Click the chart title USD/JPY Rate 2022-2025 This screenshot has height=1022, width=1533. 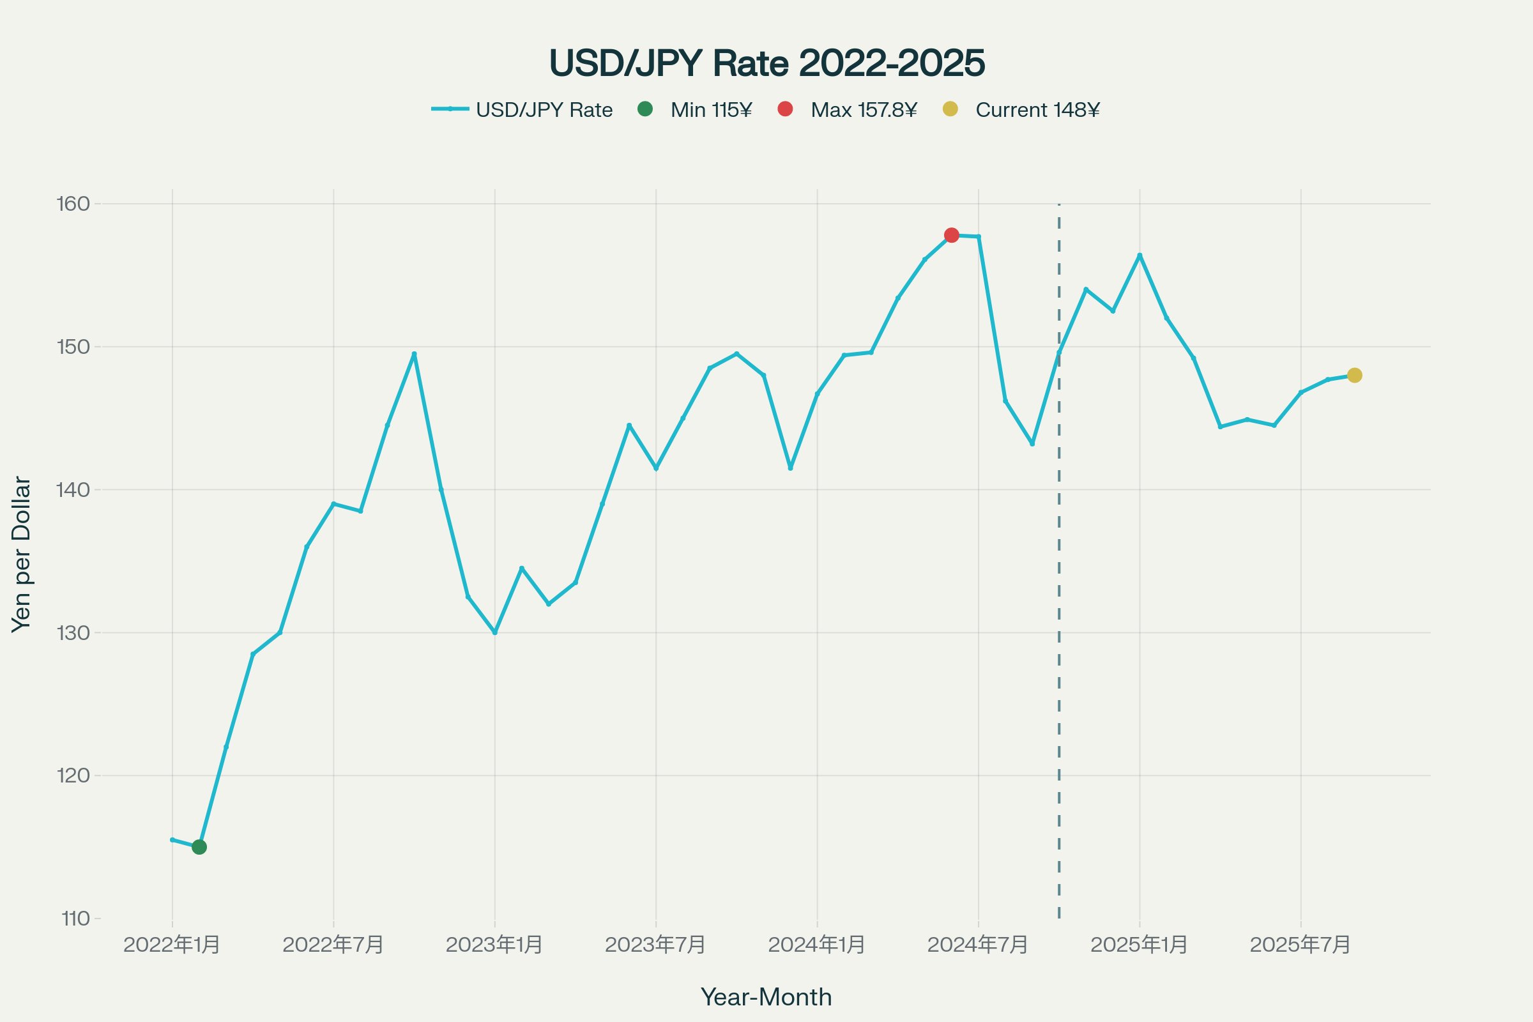coord(766,63)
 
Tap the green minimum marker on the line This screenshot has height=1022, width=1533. coord(199,847)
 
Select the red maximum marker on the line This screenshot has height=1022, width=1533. coord(952,234)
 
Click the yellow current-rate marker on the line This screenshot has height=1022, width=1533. coord(1354,376)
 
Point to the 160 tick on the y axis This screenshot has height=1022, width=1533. coord(73,204)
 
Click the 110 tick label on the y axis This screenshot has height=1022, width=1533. coord(75,919)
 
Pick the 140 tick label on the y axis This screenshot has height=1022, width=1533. coord(73,489)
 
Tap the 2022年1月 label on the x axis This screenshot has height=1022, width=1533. coord(172,945)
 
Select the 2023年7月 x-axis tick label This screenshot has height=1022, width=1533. coord(656,945)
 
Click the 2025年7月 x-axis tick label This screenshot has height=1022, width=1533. coord(1300,945)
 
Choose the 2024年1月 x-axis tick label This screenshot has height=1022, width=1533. coord(817,945)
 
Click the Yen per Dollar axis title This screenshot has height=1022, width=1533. coord(22,554)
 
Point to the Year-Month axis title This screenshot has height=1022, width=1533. coord(766,997)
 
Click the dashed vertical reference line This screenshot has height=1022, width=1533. coord(1059,652)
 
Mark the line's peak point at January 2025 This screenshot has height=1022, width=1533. coord(1140,256)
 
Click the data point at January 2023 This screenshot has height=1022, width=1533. coord(494,632)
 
